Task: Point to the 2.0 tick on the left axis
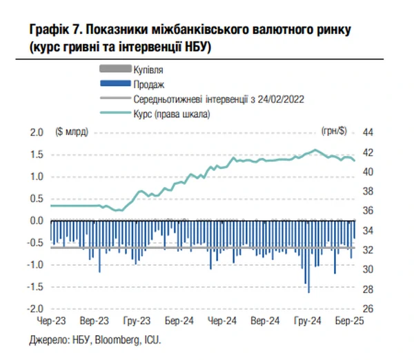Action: [x=37, y=132]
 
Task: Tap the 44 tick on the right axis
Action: [x=368, y=132]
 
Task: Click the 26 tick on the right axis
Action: [x=368, y=309]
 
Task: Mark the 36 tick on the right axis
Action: [x=368, y=211]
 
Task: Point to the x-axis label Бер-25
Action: [x=346, y=321]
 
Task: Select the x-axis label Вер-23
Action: [x=94, y=321]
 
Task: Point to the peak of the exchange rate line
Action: [x=315, y=150]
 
